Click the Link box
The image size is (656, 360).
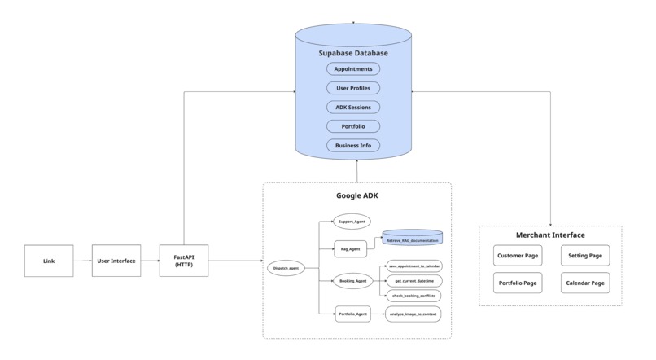pos(48,261)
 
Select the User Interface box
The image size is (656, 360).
pos(116,261)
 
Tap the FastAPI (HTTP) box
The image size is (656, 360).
pos(184,261)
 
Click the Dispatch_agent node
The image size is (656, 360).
pos(287,267)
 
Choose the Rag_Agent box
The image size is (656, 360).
pos(352,249)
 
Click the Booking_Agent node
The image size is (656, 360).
pos(352,281)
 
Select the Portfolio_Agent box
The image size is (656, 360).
pos(352,314)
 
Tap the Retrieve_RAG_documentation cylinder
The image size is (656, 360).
pos(413,238)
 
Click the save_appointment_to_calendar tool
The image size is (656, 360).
pos(413,266)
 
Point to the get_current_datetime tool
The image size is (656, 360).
pos(413,280)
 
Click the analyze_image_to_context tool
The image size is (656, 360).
pos(413,314)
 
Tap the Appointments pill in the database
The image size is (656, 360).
pos(353,69)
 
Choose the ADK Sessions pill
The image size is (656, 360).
pos(353,108)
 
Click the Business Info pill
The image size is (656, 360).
pos(353,146)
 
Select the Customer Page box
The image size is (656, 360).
pos(518,256)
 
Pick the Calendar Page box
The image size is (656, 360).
pos(585,283)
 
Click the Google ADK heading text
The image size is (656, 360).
pos(356,196)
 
